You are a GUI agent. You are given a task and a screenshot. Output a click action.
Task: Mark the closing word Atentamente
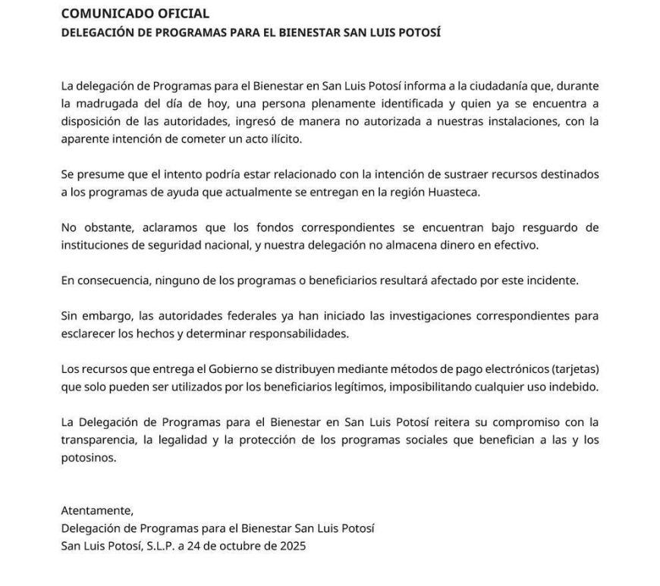96,510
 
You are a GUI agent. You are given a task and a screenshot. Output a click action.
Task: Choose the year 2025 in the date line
291,546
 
